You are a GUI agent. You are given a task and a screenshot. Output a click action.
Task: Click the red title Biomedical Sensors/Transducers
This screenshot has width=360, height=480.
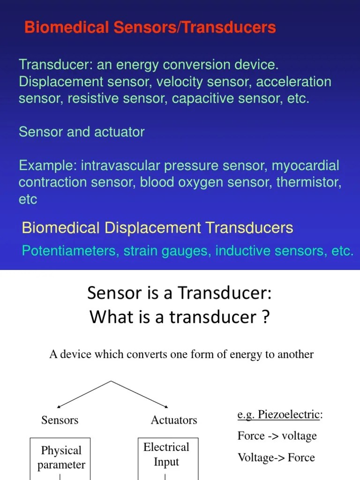point(150,28)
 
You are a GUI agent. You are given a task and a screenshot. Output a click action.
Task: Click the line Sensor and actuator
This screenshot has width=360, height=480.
point(82,132)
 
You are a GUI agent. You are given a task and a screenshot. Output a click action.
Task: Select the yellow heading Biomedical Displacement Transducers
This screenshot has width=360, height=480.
point(157,228)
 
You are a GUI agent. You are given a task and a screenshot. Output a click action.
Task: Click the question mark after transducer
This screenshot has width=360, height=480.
point(265,317)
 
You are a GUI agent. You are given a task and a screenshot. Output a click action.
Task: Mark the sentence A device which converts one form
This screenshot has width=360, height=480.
point(181,354)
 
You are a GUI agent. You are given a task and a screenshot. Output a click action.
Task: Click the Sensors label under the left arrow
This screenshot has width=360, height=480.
point(60,420)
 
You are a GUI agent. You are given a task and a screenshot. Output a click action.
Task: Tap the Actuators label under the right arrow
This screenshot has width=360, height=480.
point(174,420)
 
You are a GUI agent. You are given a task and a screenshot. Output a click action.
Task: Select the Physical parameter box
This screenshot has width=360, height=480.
point(61,458)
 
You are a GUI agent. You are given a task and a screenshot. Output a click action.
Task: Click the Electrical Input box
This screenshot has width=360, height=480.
point(166,455)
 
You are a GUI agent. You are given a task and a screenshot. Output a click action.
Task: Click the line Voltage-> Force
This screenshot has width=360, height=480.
point(276,457)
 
